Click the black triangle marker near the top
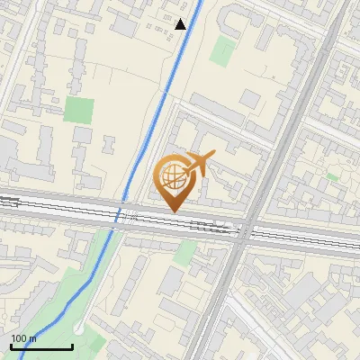point(181,24)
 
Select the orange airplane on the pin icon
point(198,165)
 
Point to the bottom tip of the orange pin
point(173,211)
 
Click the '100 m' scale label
point(23,338)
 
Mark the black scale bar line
point(41,346)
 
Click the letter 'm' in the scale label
point(32,338)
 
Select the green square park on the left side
point(78,111)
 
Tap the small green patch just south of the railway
point(184,253)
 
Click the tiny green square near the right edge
point(333,177)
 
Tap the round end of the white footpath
point(79,329)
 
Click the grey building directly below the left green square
point(82,135)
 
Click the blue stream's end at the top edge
point(199,3)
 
